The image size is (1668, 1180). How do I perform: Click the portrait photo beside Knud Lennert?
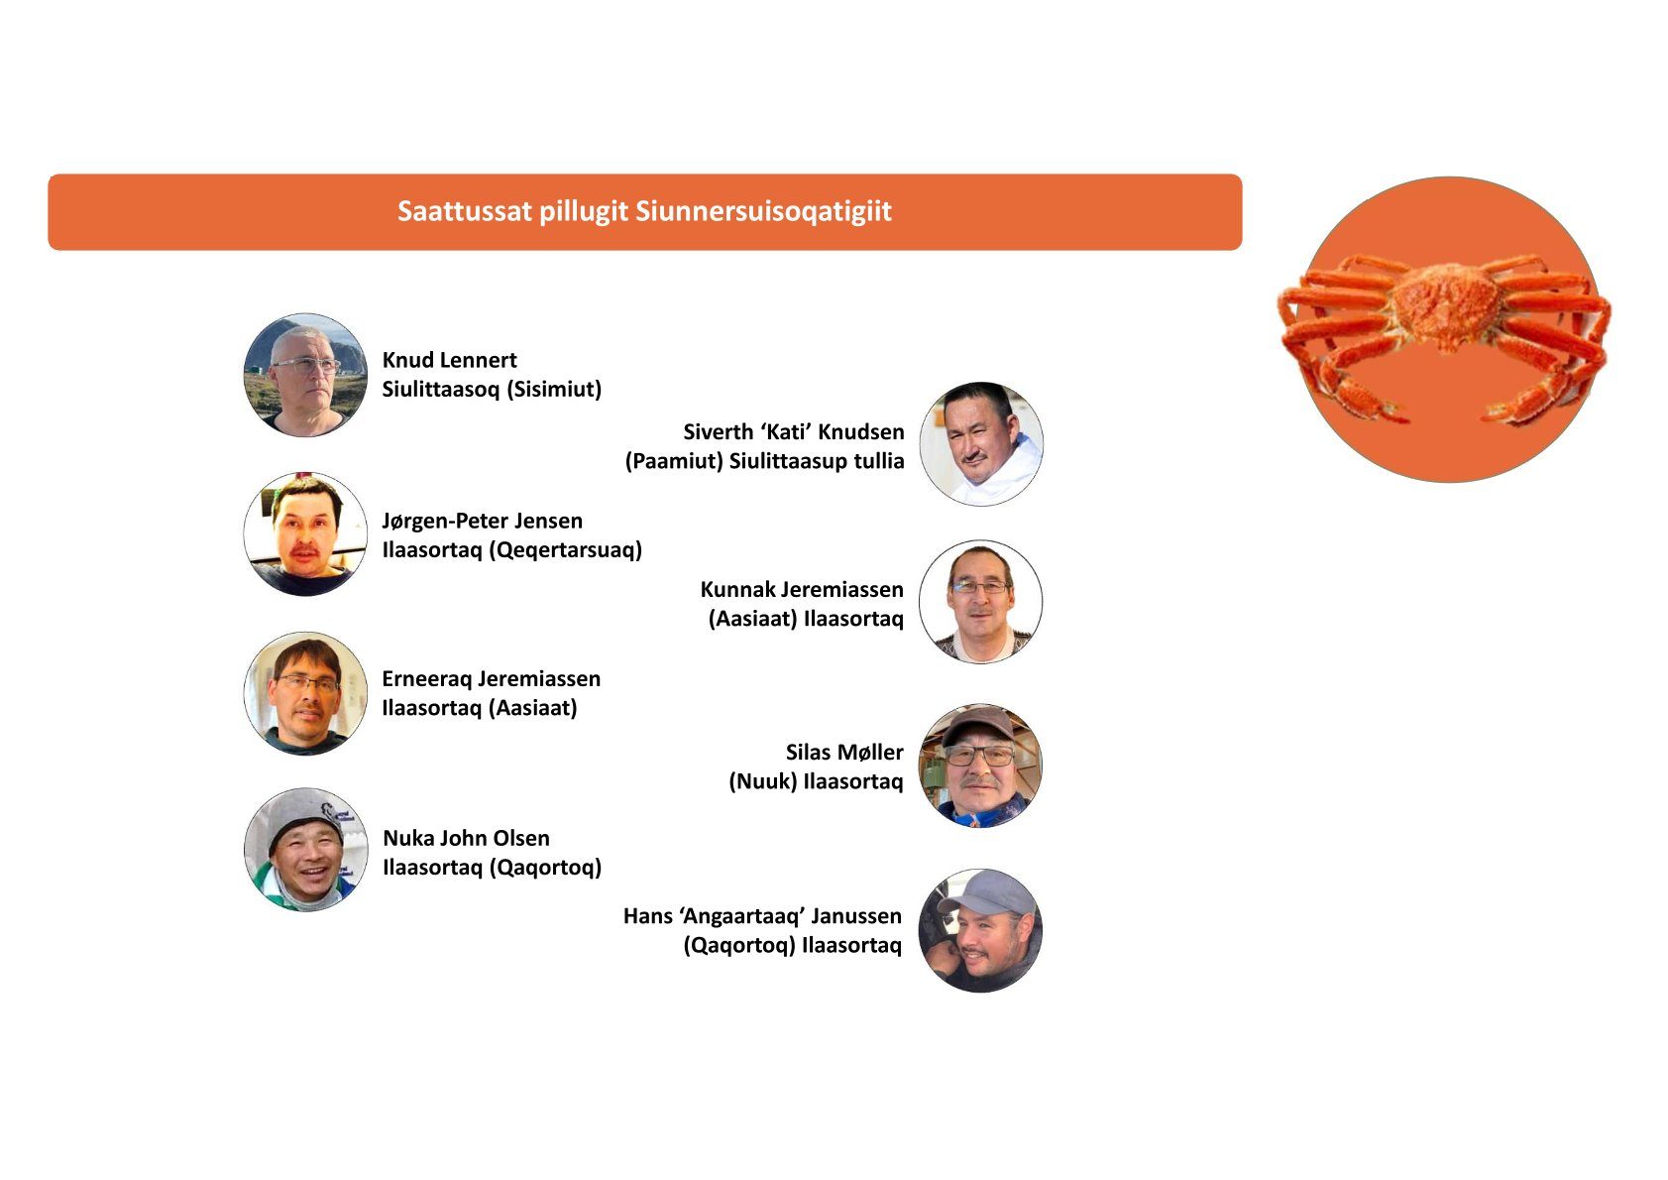click(305, 375)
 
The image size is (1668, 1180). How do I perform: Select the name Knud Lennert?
click(449, 360)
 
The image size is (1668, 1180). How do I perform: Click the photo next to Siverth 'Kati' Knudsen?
click(981, 445)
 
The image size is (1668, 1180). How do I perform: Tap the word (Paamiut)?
click(674, 461)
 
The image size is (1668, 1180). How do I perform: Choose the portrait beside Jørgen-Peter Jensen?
click(305, 534)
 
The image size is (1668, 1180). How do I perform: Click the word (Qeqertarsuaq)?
click(565, 550)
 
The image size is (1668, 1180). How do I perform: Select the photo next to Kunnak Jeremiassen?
click(980, 602)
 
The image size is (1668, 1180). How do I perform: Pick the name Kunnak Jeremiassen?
click(801, 589)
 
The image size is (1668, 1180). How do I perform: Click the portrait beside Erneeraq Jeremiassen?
click(305, 693)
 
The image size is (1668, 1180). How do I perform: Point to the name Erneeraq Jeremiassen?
click(491, 678)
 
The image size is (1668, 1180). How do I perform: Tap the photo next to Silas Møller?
click(980, 766)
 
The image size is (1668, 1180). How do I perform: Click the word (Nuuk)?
click(762, 781)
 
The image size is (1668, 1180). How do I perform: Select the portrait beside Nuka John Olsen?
click(305, 849)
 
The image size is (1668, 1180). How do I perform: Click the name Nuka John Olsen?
click(466, 838)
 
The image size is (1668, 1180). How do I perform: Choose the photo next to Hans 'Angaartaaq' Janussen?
click(980, 930)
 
